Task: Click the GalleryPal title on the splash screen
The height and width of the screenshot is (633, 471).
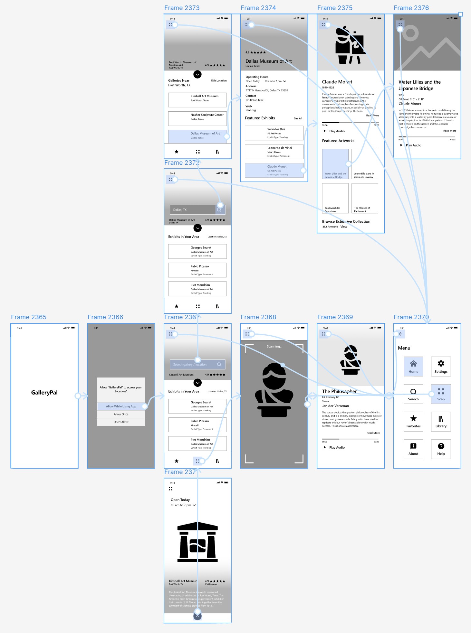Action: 44,393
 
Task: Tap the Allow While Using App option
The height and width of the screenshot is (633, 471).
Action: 121,406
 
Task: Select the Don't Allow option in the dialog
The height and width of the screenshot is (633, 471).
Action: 121,422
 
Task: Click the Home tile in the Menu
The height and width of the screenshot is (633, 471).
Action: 413,367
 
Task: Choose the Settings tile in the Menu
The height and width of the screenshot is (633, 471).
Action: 441,367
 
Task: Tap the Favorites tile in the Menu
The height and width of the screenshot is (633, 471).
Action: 413,422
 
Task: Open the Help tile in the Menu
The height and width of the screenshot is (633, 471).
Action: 441,449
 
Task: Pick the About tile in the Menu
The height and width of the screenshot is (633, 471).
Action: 413,449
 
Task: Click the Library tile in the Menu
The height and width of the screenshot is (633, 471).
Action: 441,422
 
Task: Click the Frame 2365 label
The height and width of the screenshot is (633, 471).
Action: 29,317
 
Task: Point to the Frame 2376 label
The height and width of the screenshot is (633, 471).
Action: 411,8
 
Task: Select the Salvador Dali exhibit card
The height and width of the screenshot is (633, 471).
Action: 274,133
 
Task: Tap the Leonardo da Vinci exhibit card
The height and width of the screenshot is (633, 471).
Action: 274,152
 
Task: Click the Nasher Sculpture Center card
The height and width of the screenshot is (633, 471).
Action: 197,118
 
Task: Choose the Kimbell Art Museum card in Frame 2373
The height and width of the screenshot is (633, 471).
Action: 197,100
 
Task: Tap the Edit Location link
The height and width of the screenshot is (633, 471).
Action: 219,81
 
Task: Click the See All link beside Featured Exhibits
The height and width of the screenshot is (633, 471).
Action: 298,118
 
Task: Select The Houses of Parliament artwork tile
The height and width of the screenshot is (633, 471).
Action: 365,198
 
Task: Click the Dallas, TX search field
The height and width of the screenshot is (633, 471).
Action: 193,210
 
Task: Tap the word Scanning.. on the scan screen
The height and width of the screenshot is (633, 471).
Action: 274,347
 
